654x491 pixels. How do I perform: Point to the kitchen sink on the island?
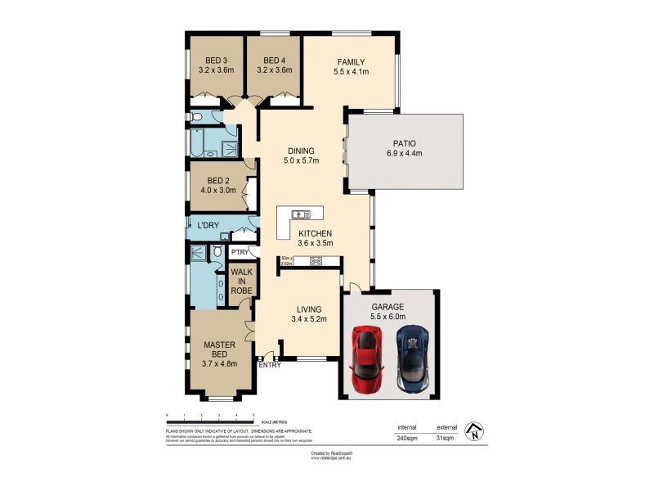[x=301, y=214]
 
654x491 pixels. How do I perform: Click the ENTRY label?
[x=270, y=365]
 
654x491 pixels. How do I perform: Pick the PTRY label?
[x=240, y=253]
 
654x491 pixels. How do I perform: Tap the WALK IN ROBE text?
[x=241, y=281]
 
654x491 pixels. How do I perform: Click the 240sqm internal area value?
[x=407, y=439]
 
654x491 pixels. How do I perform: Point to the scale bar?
[x=210, y=421]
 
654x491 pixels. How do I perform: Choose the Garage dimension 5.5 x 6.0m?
[x=388, y=317]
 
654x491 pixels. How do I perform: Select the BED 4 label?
[x=274, y=61]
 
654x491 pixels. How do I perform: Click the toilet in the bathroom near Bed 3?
[x=197, y=118]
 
